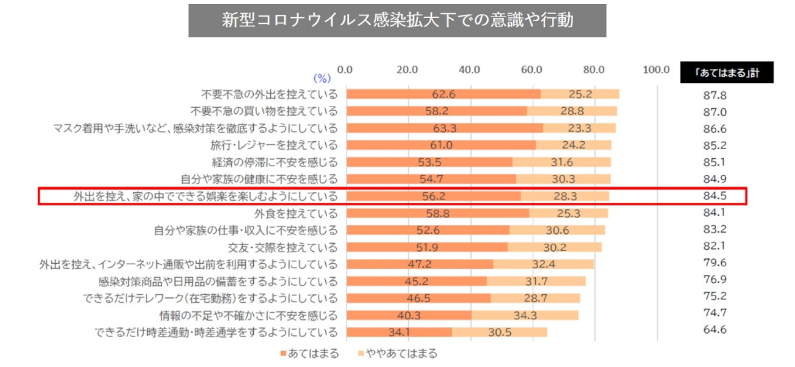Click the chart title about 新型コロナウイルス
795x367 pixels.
tap(397, 20)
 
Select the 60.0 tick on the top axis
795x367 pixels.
tap(532, 70)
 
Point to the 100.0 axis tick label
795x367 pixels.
tap(657, 70)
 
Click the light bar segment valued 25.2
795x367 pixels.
tap(580, 94)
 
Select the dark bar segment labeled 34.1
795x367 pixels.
tap(399, 331)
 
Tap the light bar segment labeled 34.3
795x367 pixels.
tap(525, 315)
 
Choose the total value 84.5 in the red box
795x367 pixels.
tap(715, 196)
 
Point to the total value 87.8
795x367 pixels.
tap(715, 95)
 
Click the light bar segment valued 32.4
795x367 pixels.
tap(544, 264)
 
